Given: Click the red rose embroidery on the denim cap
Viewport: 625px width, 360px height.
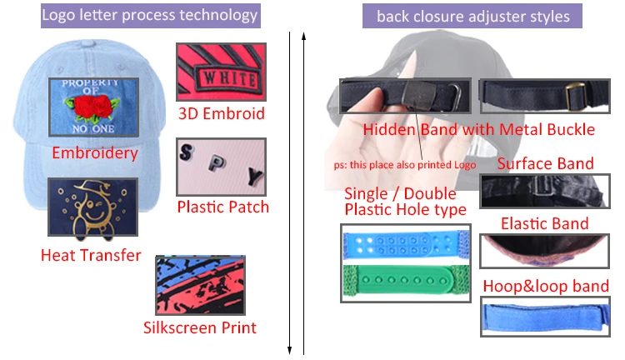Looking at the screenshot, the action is pos(92,107).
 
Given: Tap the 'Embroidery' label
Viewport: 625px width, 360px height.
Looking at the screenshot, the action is pos(95,153).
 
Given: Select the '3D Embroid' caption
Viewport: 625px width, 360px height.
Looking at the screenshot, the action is pos(221,113).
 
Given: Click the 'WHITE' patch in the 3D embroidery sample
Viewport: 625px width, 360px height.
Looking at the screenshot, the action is pos(230,78).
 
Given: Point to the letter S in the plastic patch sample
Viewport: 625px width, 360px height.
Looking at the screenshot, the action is pos(187,152).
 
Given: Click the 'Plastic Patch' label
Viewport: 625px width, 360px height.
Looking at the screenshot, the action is pos(222,207).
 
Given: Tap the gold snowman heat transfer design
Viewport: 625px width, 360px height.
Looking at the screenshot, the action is pos(92,209).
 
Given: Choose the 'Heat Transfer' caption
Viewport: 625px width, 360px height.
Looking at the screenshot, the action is pos(91,255).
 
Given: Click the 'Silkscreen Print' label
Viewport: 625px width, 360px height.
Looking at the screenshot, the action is pos(200,327).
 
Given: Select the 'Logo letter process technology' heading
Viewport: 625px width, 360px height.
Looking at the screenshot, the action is pos(150,15).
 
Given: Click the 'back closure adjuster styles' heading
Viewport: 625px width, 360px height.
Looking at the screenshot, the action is pos(473,17).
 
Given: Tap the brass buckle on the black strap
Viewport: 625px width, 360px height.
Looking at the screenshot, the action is pos(576,96).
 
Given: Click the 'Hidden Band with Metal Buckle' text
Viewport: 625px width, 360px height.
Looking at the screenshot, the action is pos(478,129).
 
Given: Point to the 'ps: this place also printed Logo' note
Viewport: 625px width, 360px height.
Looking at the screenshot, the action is pos(405,165).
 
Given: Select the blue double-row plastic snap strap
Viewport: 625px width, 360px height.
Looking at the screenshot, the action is pos(406,243).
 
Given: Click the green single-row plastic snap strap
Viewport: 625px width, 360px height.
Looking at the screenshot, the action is pos(406,281).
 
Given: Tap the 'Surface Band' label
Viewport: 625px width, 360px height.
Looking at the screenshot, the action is pos(545,163).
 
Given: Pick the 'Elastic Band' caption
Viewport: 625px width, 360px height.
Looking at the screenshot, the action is pos(544,223).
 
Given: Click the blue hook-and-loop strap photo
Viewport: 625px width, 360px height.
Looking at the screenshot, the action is pos(545,317).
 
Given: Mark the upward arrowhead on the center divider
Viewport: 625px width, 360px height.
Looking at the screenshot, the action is pos(303,36).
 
